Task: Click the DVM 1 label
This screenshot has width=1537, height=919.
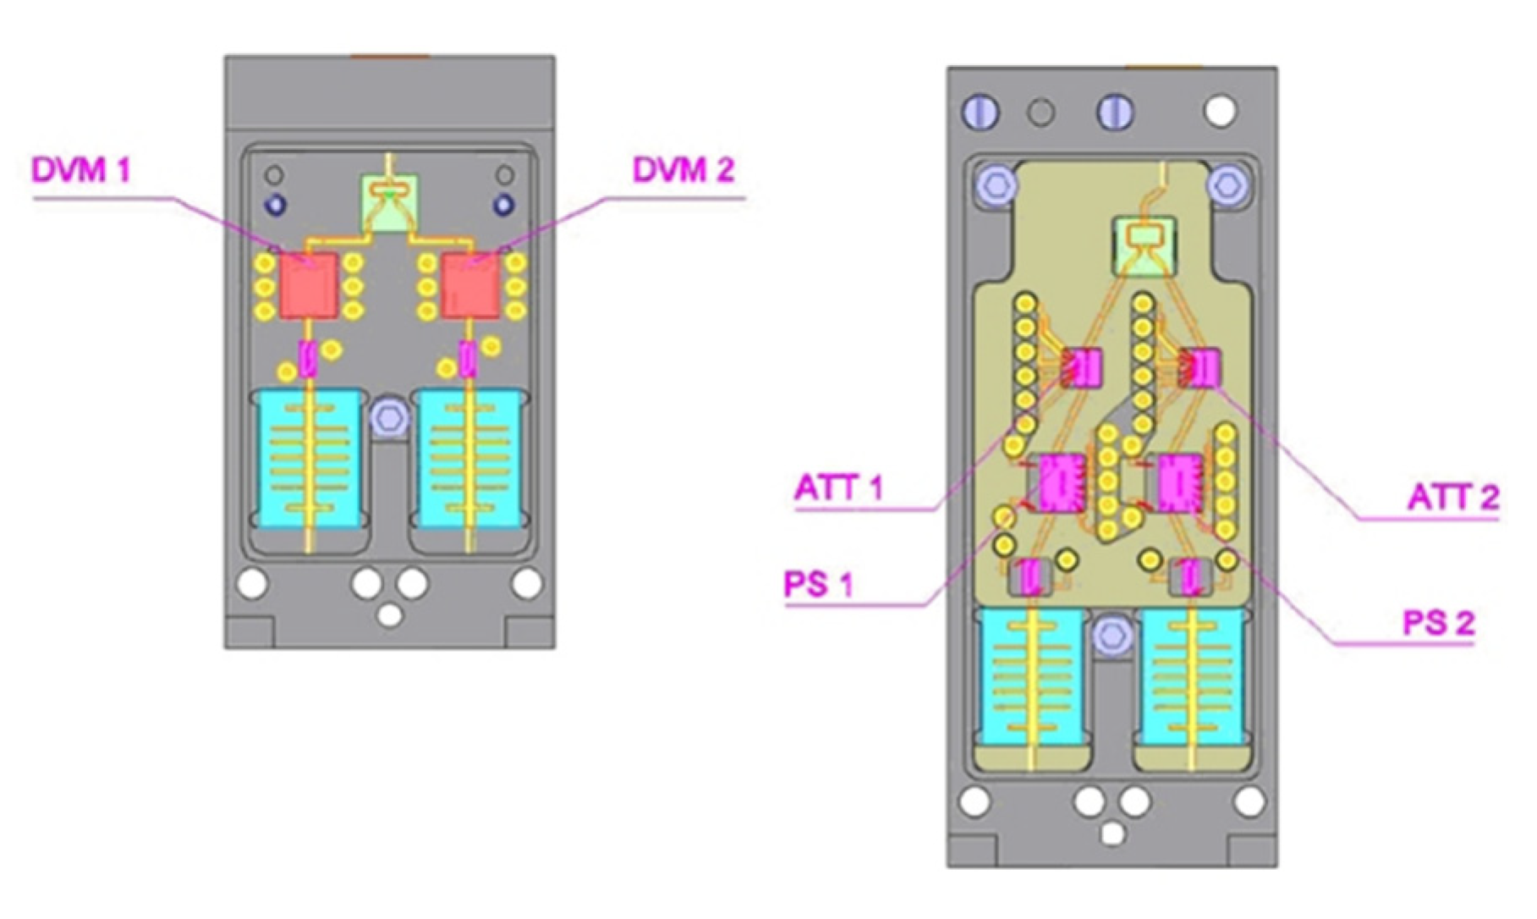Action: coord(81,170)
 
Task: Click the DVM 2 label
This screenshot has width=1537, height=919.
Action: coord(683,170)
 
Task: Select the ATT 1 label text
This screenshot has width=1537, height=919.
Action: coord(838,488)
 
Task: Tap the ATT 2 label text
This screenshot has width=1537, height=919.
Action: coord(1452,497)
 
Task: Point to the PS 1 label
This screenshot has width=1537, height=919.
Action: coord(818,585)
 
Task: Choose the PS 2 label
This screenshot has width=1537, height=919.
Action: coord(1438,624)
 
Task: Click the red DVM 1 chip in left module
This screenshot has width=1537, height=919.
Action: coord(309,285)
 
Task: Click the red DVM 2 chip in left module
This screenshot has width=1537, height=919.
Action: coord(471,285)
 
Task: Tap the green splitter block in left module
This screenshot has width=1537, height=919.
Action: coord(389,203)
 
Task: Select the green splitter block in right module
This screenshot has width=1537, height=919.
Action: coord(1144,245)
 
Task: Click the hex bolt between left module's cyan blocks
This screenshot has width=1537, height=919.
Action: coord(389,417)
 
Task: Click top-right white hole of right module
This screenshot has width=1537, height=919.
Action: coord(1220,111)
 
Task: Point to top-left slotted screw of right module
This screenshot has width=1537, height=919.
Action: coord(980,112)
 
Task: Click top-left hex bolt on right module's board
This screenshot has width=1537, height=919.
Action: coord(996,184)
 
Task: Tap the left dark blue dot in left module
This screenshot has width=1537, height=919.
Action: coord(276,204)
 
